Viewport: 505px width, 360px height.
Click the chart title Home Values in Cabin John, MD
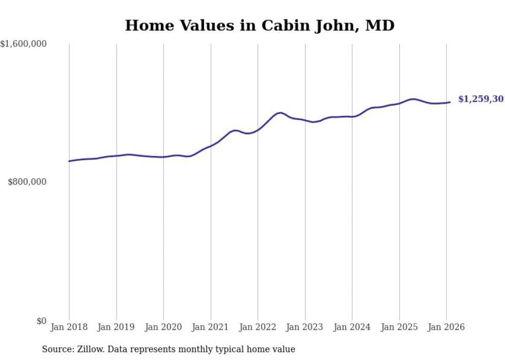tap(260, 25)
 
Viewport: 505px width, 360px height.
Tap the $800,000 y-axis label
tap(27, 182)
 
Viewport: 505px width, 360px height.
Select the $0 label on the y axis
tap(41, 321)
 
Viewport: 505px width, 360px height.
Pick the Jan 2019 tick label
tap(116, 327)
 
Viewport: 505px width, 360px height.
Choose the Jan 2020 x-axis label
tap(163, 327)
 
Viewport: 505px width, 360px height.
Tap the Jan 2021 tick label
tap(210, 327)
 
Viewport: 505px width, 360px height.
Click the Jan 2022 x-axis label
tap(258, 327)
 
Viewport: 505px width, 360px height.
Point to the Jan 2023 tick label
tap(305, 327)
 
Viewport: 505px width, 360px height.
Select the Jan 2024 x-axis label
tap(352, 327)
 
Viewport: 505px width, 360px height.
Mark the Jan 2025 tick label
tap(399, 327)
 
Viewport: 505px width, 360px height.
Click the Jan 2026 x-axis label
tap(446, 327)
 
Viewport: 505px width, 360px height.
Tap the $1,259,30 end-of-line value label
tap(480, 99)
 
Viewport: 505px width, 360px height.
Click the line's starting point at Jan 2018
tap(69, 161)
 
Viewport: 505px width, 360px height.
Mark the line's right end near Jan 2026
tap(450, 102)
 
